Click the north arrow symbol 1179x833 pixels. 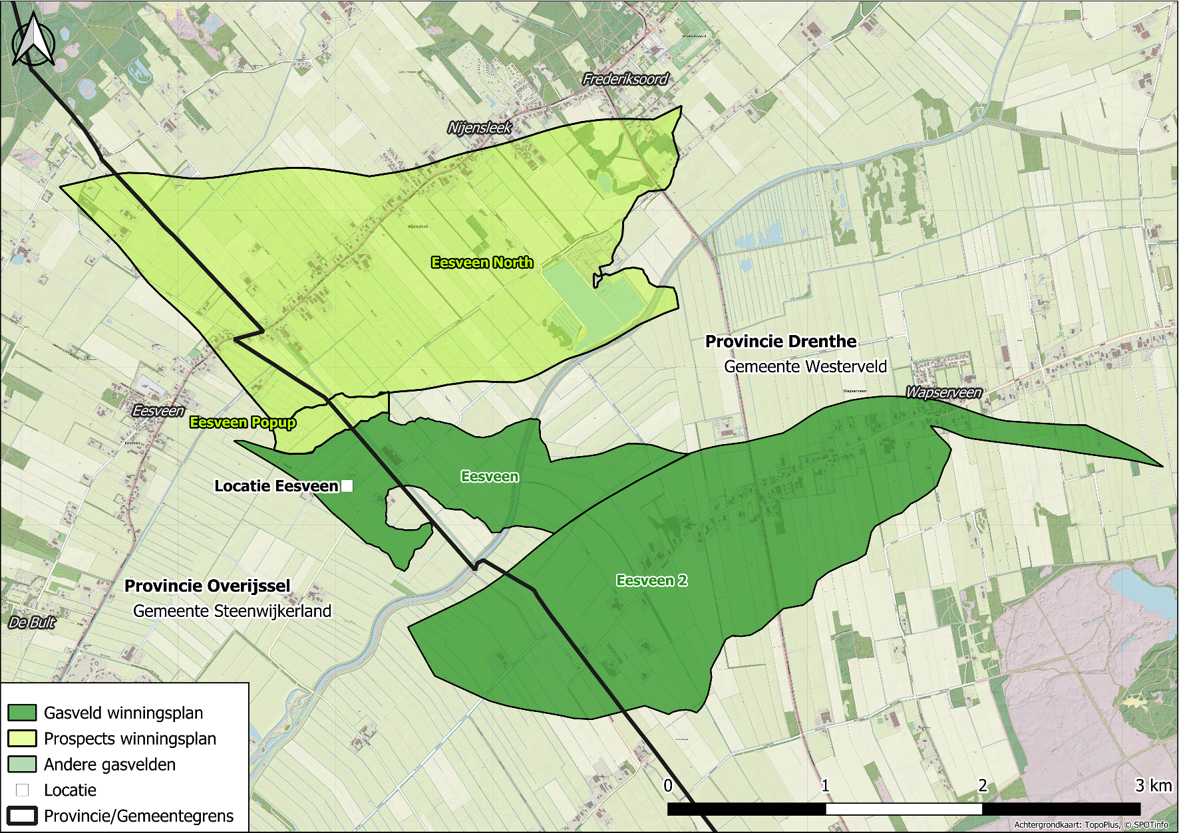pyautogui.click(x=33, y=41)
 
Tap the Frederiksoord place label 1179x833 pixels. pyautogui.click(x=625, y=79)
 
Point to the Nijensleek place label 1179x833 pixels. pyautogui.click(x=479, y=128)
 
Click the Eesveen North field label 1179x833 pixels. pyautogui.click(x=482, y=263)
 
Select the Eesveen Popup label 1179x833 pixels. pyautogui.click(x=242, y=422)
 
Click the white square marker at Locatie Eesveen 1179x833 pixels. pyautogui.click(x=347, y=486)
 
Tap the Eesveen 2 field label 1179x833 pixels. pyautogui.click(x=651, y=580)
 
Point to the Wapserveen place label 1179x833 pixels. pyautogui.click(x=943, y=392)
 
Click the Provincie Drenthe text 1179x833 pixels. pyautogui.click(x=780, y=341)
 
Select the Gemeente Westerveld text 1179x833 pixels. pyautogui.click(x=805, y=366)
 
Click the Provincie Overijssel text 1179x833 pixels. pyautogui.click(x=208, y=586)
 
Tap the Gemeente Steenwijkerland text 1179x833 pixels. pyautogui.click(x=232, y=611)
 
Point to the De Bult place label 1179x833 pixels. pyautogui.click(x=32, y=623)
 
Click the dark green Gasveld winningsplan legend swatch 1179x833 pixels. pyautogui.click(x=22, y=713)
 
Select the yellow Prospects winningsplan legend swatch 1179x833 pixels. pyautogui.click(x=22, y=739)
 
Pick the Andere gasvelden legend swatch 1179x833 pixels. pyautogui.click(x=22, y=765)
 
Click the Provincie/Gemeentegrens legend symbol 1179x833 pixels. pyautogui.click(x=22, y=816)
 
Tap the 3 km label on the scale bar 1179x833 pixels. pyautogui.click(x=1153, y=786)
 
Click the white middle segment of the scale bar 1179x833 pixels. pyautogui.click(x=904, y=809)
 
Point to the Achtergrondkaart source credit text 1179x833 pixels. pyautogui.click(x=1091, y=825)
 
